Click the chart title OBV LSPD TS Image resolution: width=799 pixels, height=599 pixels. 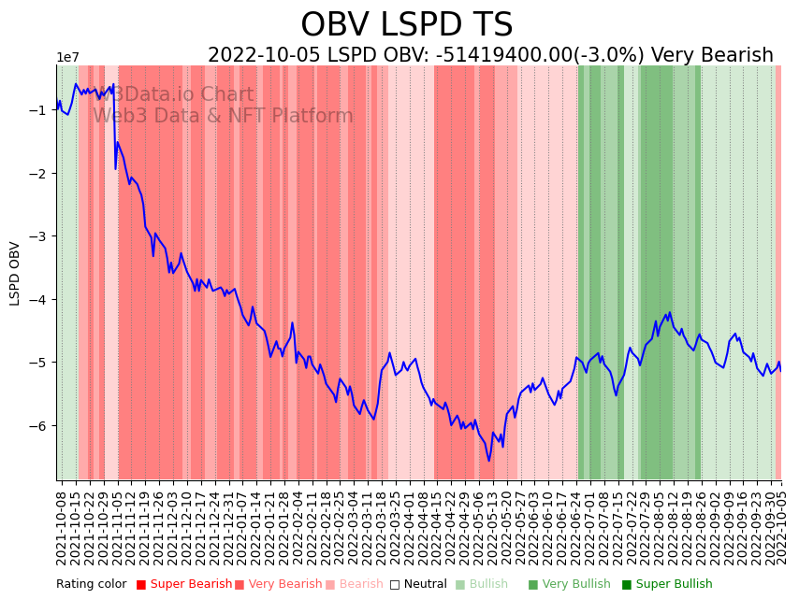406,25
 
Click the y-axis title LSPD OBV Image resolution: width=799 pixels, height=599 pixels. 15,273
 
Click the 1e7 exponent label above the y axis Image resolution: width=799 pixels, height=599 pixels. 68,58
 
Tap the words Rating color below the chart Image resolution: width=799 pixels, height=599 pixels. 91,585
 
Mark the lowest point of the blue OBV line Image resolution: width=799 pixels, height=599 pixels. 488,461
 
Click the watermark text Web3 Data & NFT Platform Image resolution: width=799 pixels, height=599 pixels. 223,117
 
